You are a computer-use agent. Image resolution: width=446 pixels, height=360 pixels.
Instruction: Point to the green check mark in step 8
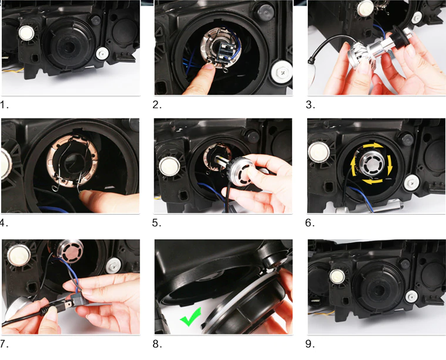[x=190, y=317]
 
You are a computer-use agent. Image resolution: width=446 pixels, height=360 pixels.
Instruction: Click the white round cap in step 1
[x=26, y=32]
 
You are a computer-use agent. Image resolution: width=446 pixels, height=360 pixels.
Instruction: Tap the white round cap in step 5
[x=169, y=166]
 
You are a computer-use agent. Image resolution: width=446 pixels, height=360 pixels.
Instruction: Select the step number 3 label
[x=311, y=106]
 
